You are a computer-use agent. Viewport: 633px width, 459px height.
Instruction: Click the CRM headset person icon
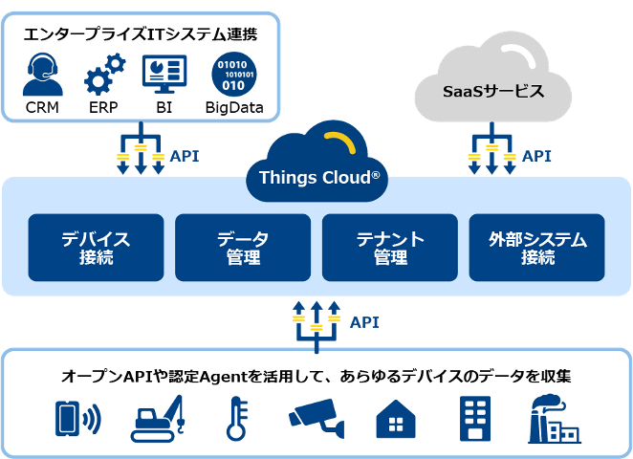coord(43,73)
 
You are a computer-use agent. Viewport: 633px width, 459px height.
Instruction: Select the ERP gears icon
coord(103,73)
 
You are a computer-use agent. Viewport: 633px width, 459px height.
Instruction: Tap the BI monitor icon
coord(164,73)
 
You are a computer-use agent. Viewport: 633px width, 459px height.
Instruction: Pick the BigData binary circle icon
coord(233,74)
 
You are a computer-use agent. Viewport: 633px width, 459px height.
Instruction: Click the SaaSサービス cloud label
coord(493,93)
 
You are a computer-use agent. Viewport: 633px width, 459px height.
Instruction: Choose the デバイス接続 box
coord(95,248)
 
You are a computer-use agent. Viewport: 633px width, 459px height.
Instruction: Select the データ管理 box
coord(242,248)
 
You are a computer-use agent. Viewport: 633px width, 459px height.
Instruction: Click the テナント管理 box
coord(390,248)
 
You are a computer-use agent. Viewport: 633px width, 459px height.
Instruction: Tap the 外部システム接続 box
coord(536,248)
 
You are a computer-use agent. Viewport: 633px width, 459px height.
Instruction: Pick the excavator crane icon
coord(157,419)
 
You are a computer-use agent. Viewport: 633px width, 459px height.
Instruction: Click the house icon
coord(396,420)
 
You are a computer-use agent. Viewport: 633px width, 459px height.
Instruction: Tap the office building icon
coord(474,419)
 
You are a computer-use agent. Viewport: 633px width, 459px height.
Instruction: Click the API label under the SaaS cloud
coord(536,155)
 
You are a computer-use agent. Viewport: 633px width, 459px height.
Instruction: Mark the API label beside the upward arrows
coord(364,322)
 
